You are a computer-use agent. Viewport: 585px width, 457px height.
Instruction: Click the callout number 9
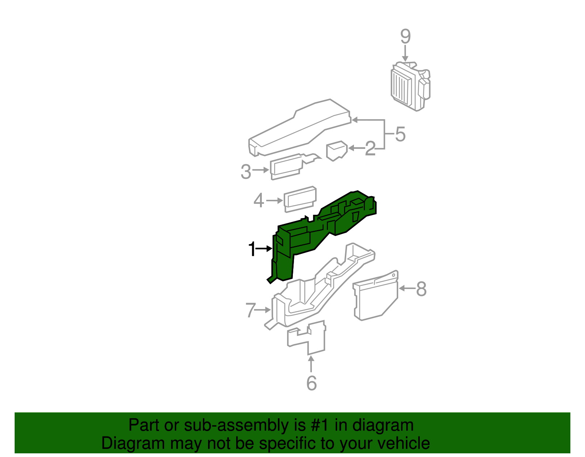pos(405,37)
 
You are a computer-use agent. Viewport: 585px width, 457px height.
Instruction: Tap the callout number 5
pos(400,134)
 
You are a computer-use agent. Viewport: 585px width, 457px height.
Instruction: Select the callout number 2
pos(370,149)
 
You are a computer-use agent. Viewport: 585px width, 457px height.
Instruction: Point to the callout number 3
pos(246,171)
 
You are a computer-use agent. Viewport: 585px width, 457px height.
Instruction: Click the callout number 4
pos(258,201)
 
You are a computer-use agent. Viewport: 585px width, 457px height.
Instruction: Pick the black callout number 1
pos(252,249)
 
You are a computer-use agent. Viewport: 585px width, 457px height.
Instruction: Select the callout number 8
pos(421,289)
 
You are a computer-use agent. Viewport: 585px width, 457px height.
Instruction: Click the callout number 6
pos(311,383)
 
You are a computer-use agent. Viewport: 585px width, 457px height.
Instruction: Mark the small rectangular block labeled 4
pos(300,199)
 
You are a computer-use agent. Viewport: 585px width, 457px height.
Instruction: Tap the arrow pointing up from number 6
pos(311,364)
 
